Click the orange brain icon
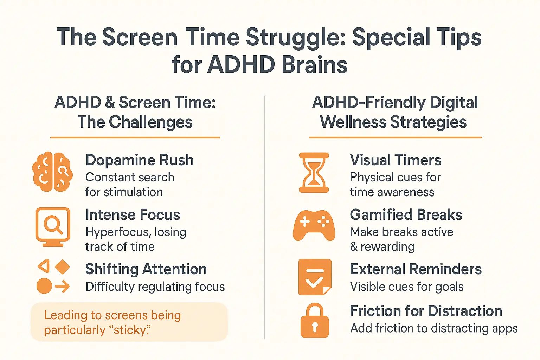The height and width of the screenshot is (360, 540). (x=52, y=172)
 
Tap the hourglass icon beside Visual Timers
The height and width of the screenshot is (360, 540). (x=314, y=172)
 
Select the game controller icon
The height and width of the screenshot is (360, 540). (x=314, y=225)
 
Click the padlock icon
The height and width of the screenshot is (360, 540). (x=315, y=321)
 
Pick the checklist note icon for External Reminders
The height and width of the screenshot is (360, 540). (x=315, y=277)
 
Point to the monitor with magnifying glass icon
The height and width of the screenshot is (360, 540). (x=53, y=226)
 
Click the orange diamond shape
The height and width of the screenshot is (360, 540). (x=63, y=267)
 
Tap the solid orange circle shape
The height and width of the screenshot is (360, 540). (x=44, y=286)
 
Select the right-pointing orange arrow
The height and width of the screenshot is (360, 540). (x=63, y=286)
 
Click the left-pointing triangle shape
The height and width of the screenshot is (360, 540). (x=44, y=266)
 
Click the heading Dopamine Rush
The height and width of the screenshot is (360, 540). (x=140, y=160)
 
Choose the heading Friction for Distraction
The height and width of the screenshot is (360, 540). (x=426, y=311)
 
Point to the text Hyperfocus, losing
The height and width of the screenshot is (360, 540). (x=136, y=232)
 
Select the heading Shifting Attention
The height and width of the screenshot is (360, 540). (x=146, y=269)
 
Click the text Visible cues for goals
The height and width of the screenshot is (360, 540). (x=407, y=287)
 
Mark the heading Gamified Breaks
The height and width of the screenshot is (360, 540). (x=406, y=215)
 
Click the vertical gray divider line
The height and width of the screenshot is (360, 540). (x=265, y=218)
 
